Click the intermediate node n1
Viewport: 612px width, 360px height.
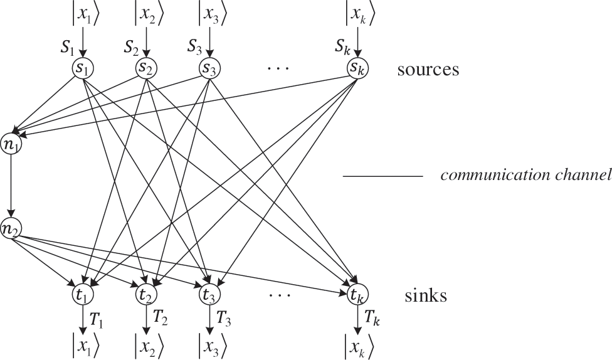pyautogui.click(x=11, y=140)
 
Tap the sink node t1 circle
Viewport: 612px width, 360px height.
pyautogui.click(x=82, y=294)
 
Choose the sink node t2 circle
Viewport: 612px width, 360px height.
pyautogui.click(x=146, y=294)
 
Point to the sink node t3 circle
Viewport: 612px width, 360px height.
pyautogui.click(x=209, y=294)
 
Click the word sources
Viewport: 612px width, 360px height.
pyautogui.click(x=428, y=69)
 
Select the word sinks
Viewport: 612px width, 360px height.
pyautogui.click(x=426, y=295)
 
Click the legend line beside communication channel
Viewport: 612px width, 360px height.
pyautogui.click(x=382, y=177)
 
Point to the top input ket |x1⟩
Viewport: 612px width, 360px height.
pyautogui.click(x=82, y=13)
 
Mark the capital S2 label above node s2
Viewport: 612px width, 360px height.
pyautogui.click(x=131, y=46)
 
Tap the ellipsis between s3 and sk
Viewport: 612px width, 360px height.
pyautogui.click(x=278, y=66)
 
